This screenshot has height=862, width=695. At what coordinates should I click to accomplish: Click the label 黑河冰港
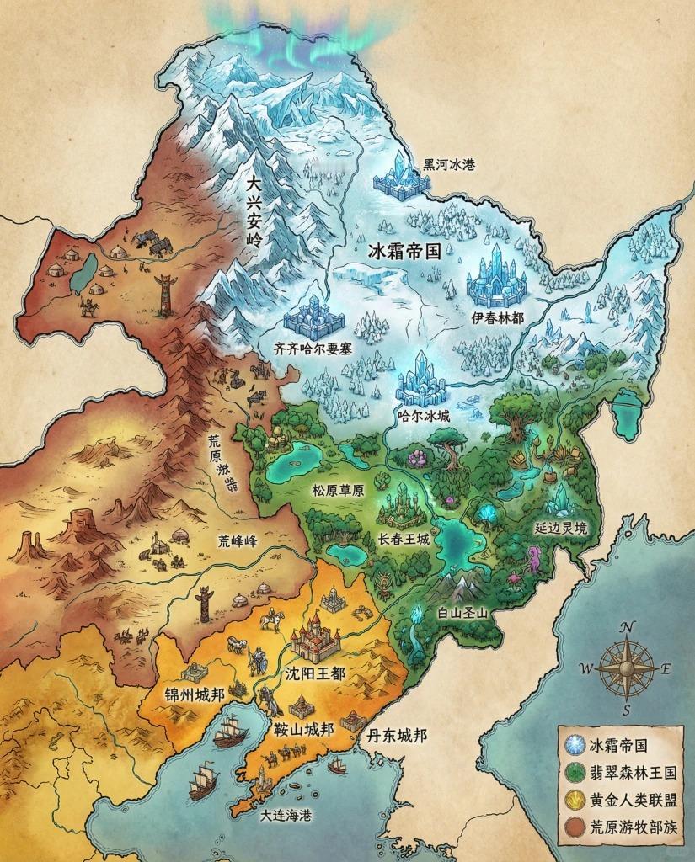click(449, 164)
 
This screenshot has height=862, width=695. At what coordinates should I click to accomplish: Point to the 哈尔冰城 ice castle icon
click(420, 384)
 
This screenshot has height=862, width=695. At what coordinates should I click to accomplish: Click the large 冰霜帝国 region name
click(407, 250)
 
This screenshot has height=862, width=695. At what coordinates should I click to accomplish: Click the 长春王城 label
click(404, 539)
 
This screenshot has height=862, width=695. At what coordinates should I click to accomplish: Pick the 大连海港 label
click(267, 815)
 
